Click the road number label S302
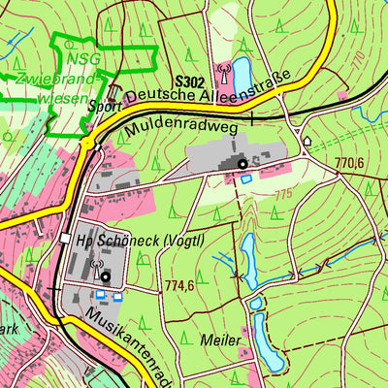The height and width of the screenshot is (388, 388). [191, 82]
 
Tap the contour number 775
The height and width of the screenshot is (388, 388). [282, 195]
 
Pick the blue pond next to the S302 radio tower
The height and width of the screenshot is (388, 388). [240, 71]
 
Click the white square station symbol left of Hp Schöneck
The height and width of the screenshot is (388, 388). [64, 239]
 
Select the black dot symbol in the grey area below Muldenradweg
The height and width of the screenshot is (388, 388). [242, 165]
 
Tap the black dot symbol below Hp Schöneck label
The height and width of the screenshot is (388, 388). [105, 275]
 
